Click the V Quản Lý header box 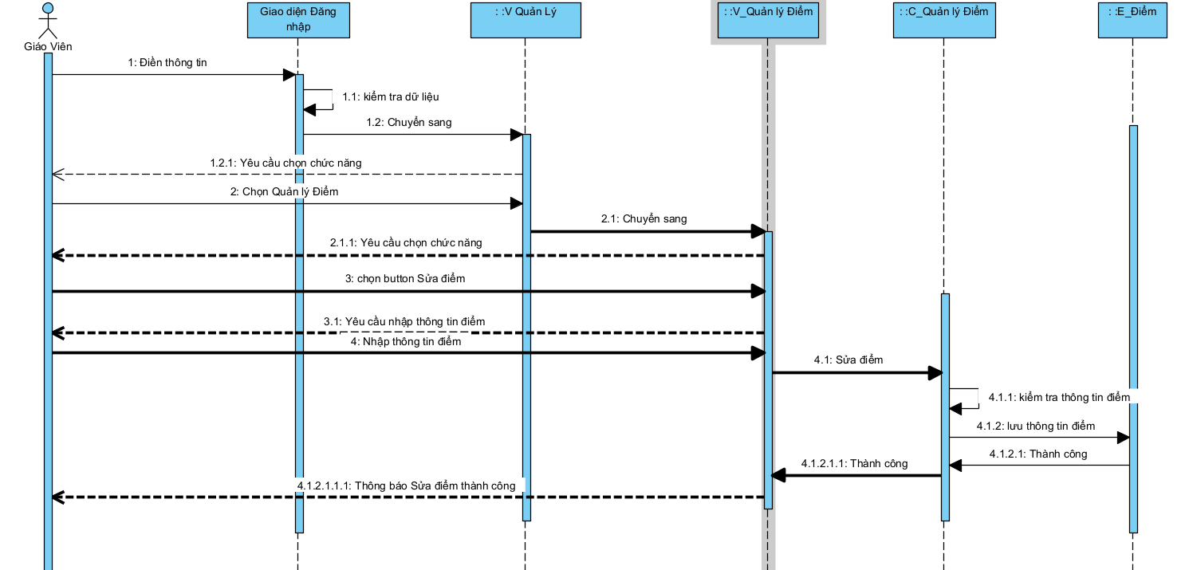(525, 20)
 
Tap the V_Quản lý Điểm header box (768, 20)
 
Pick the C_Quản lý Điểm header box (944, 20)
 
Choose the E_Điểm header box (1132, 20)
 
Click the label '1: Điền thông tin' (167, 63)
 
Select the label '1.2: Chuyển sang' (409, 123)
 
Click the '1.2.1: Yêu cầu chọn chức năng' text (285, 163)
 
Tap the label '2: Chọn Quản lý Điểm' (285, 192)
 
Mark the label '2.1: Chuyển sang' (644, 219)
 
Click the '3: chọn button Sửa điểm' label (405, 279)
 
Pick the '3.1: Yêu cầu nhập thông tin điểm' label (404, 321)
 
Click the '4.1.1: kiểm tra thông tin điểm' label (1059, 397)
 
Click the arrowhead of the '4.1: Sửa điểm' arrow (935, 372)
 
